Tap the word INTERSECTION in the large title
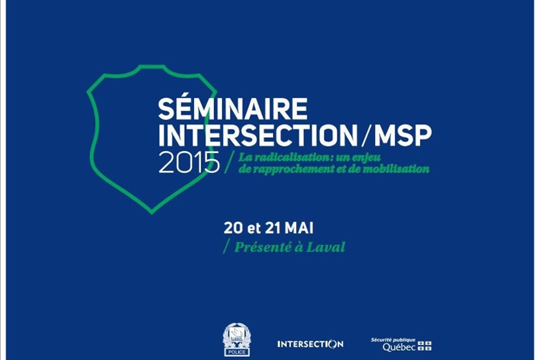[258, 135]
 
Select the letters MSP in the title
[403, 135]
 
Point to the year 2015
[189, 162]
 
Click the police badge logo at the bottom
[237, 339]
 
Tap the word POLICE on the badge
[237, 352]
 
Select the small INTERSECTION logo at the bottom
[310, 344]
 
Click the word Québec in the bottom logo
[399, 347]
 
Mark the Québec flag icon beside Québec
[425, 346]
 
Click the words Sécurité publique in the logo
[393, 339]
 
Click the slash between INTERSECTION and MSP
[366, 135]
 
